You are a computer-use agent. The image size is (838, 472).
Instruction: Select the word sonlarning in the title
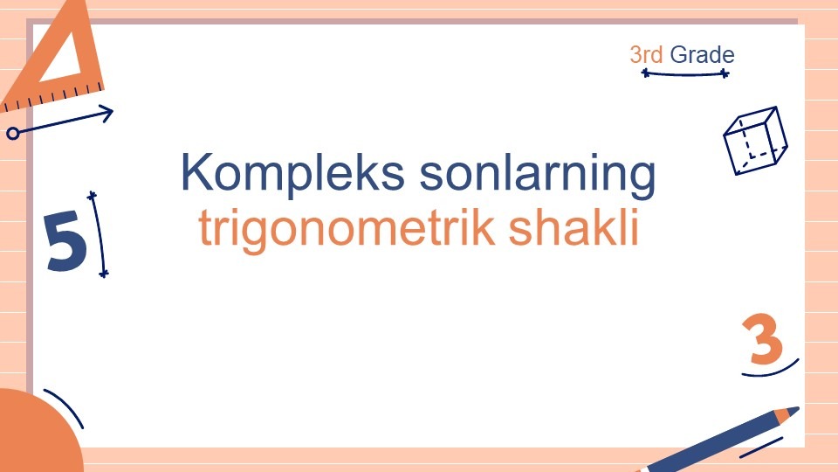538,173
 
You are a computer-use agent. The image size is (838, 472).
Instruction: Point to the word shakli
574,226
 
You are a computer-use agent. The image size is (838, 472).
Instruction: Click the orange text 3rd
646,54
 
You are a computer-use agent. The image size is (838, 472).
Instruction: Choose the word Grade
702,54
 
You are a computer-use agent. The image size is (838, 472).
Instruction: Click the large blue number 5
65,241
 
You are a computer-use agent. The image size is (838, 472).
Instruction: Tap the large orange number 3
763,339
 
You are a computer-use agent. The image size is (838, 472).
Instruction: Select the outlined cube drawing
755,141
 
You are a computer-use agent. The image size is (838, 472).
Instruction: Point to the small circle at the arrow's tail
13,133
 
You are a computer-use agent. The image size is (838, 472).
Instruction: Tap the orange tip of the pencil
787,413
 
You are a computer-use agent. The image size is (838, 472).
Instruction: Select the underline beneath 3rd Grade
685,73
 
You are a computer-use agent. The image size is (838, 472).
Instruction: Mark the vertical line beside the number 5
99,234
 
